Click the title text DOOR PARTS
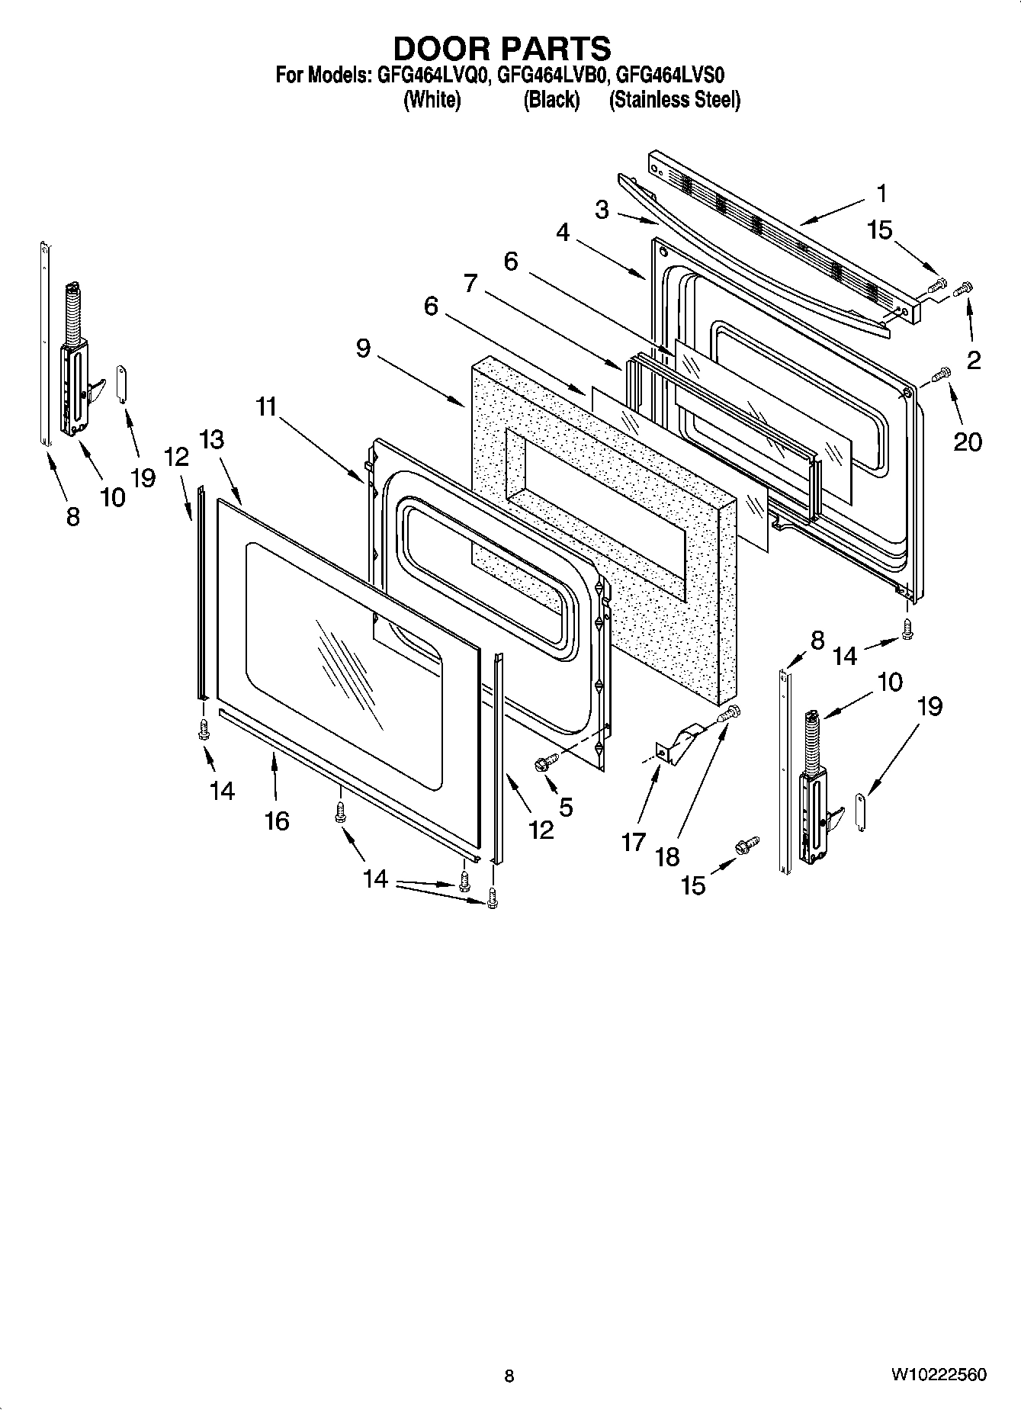502,49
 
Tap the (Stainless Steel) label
674,100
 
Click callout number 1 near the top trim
881,194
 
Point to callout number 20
968,441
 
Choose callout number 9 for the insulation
363,348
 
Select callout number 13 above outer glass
213,440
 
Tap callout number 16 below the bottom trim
277,821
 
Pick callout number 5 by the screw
565,806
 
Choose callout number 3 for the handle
602,210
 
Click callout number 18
667,856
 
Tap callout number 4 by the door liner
563,232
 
